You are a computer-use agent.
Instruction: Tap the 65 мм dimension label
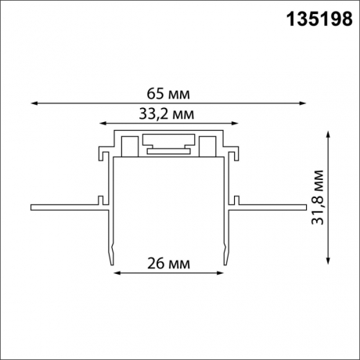click(x=167, y=94)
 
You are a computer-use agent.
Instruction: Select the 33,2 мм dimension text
click(x=167, y=114)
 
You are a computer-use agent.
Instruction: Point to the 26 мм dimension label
click(x=167, y=264)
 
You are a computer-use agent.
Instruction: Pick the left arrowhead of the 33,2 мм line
click(x=100, y=123)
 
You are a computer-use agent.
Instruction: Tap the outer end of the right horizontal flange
click(x=303, y=208)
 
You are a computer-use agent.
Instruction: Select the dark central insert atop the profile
click(x=167, y=145)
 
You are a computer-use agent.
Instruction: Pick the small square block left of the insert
click(x=128, y=147)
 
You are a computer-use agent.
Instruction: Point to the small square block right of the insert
click(x=207, y=147)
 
